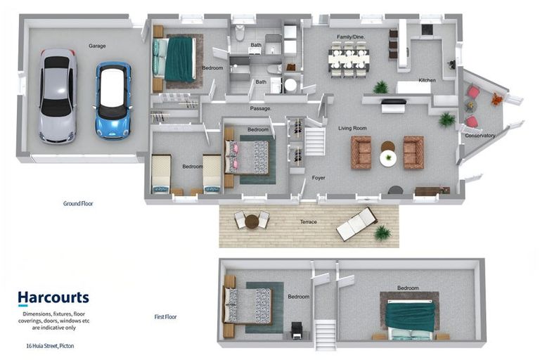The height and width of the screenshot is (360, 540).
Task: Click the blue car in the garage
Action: tap(113, 101)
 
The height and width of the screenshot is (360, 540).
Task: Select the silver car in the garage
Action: tap(58, 96)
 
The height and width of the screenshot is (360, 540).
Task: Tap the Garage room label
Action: tap(97, 46)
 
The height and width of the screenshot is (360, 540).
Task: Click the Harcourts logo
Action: tap(53, 298)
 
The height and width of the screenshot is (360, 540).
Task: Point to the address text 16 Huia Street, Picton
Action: tap(51, 345)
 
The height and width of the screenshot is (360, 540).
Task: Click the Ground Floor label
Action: tap(78, 203)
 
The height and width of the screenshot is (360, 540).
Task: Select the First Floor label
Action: tap(165, 316)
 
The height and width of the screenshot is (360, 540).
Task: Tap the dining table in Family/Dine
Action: tap(349, 59)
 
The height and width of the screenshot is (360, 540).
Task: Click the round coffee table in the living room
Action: tap(388, 158)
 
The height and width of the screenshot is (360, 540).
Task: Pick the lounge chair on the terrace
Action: tap(356, 223)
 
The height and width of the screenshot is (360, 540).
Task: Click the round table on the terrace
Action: tap(252, 221)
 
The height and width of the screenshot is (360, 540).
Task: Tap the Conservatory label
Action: tap(480, 136)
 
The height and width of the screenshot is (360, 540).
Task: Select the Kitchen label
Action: tap(427, 80)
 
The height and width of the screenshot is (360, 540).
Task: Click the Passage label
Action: tap(260, 108)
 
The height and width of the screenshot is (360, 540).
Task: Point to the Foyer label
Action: tap(319, 178)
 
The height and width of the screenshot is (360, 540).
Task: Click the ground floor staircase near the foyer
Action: tap(315, 141)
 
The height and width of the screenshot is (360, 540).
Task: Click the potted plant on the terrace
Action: tap(382, 233)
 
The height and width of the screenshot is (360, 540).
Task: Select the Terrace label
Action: tap(308, 222)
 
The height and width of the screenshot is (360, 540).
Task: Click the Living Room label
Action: tap(352, 128)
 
